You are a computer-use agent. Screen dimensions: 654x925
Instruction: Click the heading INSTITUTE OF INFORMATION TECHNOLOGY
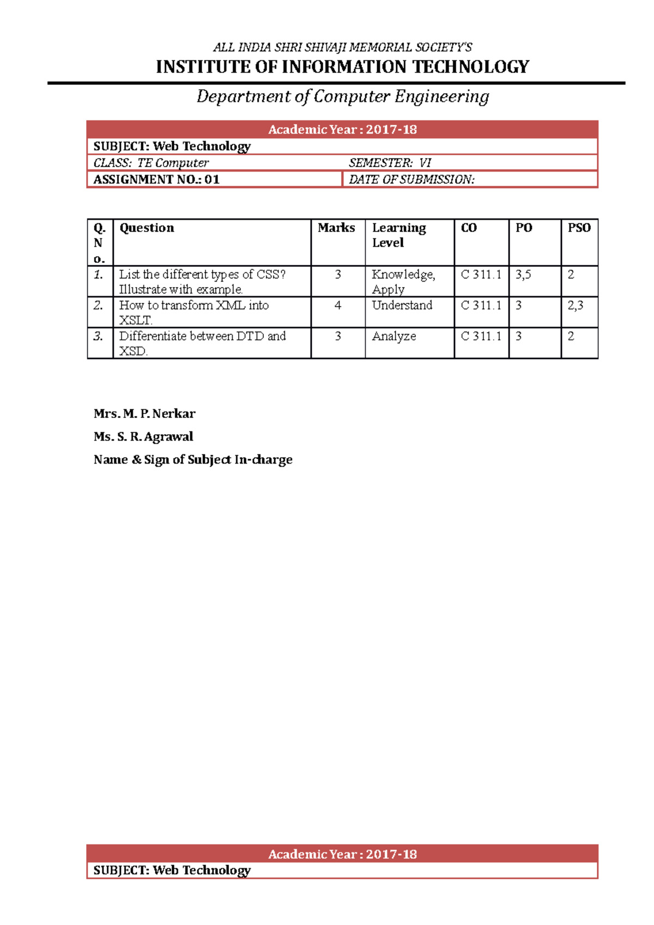tap(342, 67)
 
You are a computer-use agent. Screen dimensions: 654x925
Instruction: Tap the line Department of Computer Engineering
tap(342, 96)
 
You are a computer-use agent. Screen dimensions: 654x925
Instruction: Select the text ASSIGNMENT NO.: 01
tap(156, 179)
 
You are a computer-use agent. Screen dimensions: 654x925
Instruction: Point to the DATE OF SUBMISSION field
tap(411, 179)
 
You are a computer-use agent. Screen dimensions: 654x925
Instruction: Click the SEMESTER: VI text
tap(390, 163)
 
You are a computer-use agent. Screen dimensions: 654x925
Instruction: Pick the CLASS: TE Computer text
tap(151, 163)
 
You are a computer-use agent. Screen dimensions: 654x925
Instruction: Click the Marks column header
tap(336, 228)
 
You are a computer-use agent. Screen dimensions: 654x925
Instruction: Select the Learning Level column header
tap(399, 235)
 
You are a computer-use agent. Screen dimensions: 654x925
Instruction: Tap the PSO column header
tap(579, 228)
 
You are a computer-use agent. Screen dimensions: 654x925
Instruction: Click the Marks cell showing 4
tap(338, 306)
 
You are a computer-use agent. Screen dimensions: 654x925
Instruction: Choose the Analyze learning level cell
tap(394, 337)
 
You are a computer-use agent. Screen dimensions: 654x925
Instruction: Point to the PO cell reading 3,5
tap(523, 275)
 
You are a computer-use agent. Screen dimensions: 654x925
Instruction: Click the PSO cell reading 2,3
tap(576, 306)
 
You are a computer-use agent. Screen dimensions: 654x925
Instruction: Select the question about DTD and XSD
tap(202, 343)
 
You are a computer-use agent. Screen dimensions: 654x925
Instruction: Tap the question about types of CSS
tap(202, 282)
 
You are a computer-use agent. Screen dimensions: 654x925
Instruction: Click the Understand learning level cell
tap(402, 306)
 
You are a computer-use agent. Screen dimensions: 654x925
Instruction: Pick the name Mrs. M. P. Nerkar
tap(144, 413)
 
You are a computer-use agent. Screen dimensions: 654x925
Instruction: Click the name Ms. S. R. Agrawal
tap(143, 436)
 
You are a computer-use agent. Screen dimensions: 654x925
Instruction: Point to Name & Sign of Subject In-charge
tap(193, 459)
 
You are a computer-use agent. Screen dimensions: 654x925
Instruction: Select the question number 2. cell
tap(98, 306)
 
